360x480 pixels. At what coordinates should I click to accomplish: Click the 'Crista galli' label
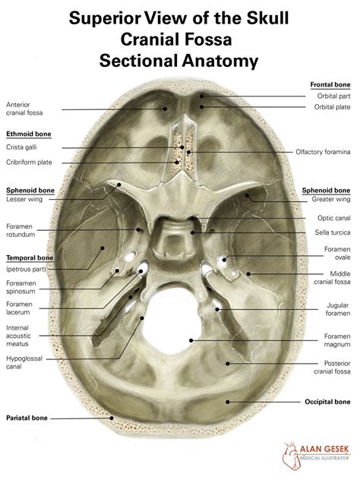pos(21,147)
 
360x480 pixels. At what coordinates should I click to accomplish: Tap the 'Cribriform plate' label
pos(29,163)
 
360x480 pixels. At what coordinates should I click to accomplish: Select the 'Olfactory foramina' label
pos(323,152)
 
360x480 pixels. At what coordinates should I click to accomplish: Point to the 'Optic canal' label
pos(333,218)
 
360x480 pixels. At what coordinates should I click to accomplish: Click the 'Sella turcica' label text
pos(333,232)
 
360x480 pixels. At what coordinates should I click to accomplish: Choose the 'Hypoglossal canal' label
pos(24,362)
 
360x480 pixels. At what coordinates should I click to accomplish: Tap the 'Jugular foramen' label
pos(338,309)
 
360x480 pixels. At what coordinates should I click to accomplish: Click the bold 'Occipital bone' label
pos(327,402)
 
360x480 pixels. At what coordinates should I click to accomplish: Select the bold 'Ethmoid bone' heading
pos(29,134)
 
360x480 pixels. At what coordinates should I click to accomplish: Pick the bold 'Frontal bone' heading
pos(330,84)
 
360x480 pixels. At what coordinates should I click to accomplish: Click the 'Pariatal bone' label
pos(27,418)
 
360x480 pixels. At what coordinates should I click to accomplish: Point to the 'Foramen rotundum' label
pos(21,231)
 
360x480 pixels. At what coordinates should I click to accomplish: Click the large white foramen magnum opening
pos(173,321)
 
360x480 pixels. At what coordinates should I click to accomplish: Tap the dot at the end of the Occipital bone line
pos(227,402)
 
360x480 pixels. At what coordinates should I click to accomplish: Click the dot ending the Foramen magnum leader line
pos(191,340)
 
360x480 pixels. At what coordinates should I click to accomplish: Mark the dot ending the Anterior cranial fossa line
pos(165,109)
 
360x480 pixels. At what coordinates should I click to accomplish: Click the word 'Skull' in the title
pos(267,18)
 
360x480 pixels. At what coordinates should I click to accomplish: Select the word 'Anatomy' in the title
pos(220,61)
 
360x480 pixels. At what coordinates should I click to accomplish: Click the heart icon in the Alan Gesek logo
pos(290,456)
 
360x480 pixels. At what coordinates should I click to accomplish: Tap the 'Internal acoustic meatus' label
pos(18,336)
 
